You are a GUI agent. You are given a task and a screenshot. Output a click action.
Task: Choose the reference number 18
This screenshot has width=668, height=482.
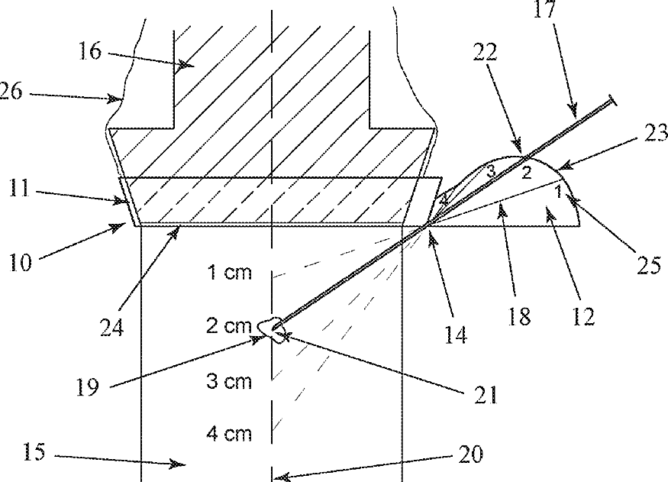520,315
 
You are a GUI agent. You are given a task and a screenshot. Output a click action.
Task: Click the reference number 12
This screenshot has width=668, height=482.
584,315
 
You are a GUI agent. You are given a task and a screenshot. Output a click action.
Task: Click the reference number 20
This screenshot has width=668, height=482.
471,455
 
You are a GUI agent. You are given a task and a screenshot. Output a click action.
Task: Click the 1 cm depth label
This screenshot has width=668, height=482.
229,273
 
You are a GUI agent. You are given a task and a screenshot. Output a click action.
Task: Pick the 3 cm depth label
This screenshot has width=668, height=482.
229,381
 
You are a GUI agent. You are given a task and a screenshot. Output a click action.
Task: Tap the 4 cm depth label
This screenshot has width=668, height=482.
229,435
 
